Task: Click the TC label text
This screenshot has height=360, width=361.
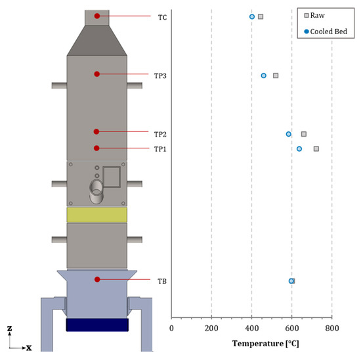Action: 162,18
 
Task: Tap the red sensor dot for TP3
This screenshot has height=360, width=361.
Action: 97,74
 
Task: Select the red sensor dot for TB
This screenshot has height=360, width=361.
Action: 97,279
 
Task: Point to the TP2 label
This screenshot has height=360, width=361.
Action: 160,134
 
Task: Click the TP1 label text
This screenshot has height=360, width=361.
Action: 160,149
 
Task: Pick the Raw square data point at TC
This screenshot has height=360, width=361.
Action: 261,16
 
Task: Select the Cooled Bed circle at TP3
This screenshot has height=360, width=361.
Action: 264,76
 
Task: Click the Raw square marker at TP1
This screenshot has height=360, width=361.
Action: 316,148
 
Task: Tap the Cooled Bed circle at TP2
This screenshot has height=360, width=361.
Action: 289,134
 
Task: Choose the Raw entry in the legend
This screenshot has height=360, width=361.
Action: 314,16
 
